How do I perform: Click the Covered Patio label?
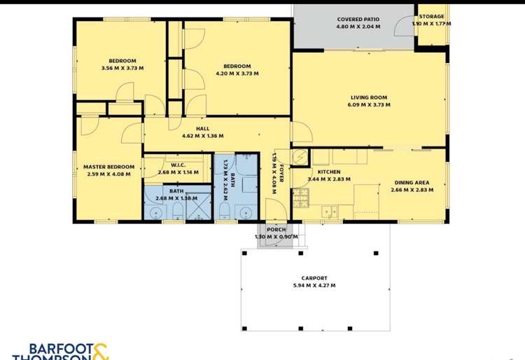358,20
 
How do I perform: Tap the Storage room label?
431,16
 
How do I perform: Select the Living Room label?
369,97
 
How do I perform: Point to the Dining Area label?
410,183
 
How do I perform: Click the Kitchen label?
329,172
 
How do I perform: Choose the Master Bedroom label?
108,167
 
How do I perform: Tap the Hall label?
202,129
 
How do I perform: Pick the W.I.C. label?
177,165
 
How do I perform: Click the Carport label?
314,277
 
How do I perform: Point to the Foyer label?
281,174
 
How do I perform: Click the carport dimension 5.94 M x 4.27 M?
314,285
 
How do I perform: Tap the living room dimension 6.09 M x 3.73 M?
369,105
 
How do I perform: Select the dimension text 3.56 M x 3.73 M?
122,68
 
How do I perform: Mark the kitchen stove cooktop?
302,198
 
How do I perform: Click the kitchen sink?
330,211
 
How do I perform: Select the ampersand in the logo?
100,352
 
